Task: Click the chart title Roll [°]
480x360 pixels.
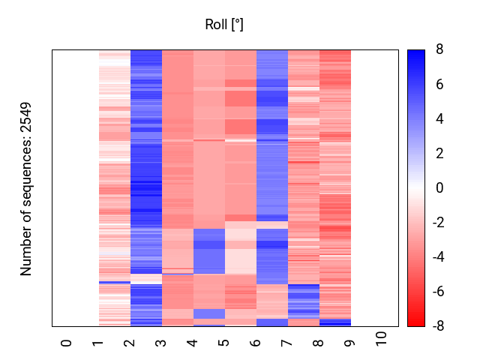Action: [x=224, y=25]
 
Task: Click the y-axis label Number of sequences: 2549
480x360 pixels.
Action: [x=27, y=188]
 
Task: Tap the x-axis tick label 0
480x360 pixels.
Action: [x=67, y=343]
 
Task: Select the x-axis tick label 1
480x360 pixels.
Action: [x=98, y=343]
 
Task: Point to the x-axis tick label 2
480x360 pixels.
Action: [x=130, y=343]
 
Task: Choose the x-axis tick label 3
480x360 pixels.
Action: [x=161, y=343]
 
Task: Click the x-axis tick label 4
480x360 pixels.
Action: [x=193, y=343]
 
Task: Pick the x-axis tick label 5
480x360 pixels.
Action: [x=224, y=343]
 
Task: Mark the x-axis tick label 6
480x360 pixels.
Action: [x=256, y=343]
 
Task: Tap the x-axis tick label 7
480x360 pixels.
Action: [x=287, y=343]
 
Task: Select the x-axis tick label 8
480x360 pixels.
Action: [x=319, y=343]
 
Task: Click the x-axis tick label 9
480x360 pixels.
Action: [x=350, y=343]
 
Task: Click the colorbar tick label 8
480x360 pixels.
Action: [x=439, y=49]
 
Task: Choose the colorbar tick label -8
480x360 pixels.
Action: [x=437, y=326]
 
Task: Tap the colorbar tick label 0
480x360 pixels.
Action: [x=439, y=188]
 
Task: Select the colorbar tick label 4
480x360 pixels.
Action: [x=439, y=118]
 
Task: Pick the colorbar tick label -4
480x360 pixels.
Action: [x=437, y=257]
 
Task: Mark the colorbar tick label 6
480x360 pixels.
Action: [x=439, y=84]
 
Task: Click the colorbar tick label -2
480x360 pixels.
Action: [x=437, y=223]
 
